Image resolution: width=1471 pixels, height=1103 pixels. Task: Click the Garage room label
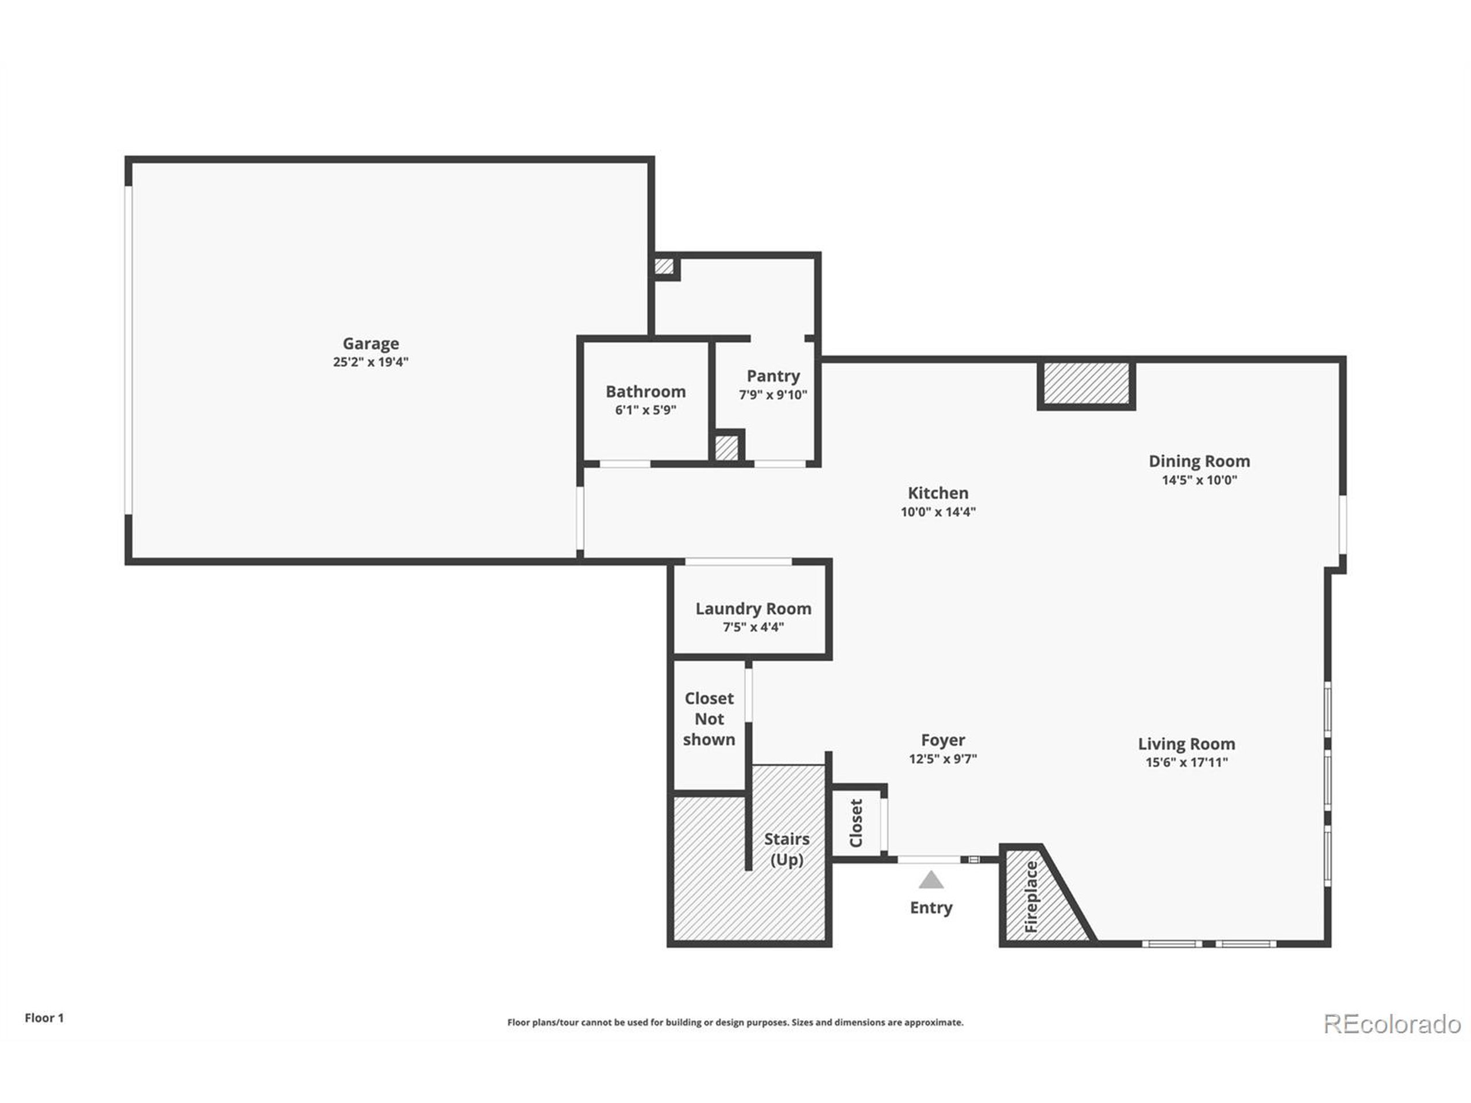pyautogui.click(x=371, y=344)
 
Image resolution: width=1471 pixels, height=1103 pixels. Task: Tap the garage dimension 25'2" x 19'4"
pyautogui.click(x=371, y=362)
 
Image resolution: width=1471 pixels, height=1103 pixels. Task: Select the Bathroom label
pyautogui.click(x=645, y=392)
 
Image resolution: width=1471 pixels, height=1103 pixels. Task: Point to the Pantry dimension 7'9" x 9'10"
pyautogui.click(x=773, y=395)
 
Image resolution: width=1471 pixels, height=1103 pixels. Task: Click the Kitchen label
pyautogui.click(x=938, y=493)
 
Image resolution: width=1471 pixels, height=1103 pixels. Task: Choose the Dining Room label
pyautogui.click(x=1199, y=461)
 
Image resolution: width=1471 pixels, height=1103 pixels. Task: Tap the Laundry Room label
pyautogui.click(x=753, y=608)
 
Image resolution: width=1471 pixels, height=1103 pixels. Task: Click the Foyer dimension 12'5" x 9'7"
pyautogui.click(x=942, y=759)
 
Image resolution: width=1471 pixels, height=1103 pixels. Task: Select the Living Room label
pyautogui.click(x=1186, y=744)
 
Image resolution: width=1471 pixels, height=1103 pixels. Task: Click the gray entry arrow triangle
pyautogui.click(x=931, y=881)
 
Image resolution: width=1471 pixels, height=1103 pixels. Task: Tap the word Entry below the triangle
pyautogui.click(x=931, y=908)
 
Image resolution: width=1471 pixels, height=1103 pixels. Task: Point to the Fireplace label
pyautogui.click(x=1031, y=897)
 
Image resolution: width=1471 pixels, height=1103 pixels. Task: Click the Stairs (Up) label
pyautogui.click(x=787, y=849)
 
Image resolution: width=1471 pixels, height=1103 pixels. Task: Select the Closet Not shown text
pyautogui.click(x=709, y=719)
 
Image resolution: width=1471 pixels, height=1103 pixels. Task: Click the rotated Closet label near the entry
pyautogui.click(x=856, y=823)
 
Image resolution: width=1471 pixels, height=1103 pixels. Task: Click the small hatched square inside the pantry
pyautogui.click(x=726, y=448)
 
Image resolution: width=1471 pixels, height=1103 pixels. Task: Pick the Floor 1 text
pyautogui.click(x=44, y=1018)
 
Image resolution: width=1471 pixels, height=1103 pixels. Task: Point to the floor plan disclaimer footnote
pyautogui.click(x=735, y=1023)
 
